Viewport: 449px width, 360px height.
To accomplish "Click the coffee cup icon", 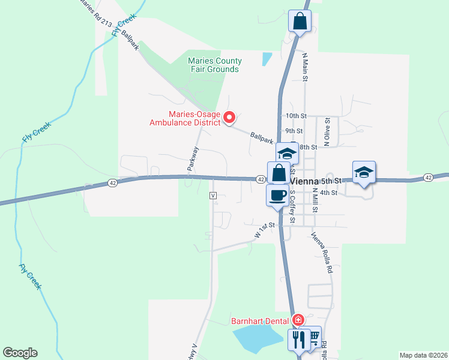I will point(277,195).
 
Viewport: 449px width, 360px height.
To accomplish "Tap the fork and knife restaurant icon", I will point(298,340).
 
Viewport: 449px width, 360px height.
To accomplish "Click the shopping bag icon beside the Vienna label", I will point(279,173).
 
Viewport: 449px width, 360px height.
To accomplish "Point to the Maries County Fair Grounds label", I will point(215,65).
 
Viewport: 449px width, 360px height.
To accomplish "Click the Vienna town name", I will point(304,181).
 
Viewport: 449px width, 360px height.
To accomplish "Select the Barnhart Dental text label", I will point(261,320).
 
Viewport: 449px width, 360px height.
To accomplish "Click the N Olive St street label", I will point(327,133).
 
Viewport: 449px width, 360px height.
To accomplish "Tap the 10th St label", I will point(296,115).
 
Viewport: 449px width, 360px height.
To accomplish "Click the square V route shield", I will point(213,196).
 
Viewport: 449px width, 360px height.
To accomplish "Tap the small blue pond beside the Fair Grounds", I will point(267,59).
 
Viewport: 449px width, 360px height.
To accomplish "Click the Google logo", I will point(20,353).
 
